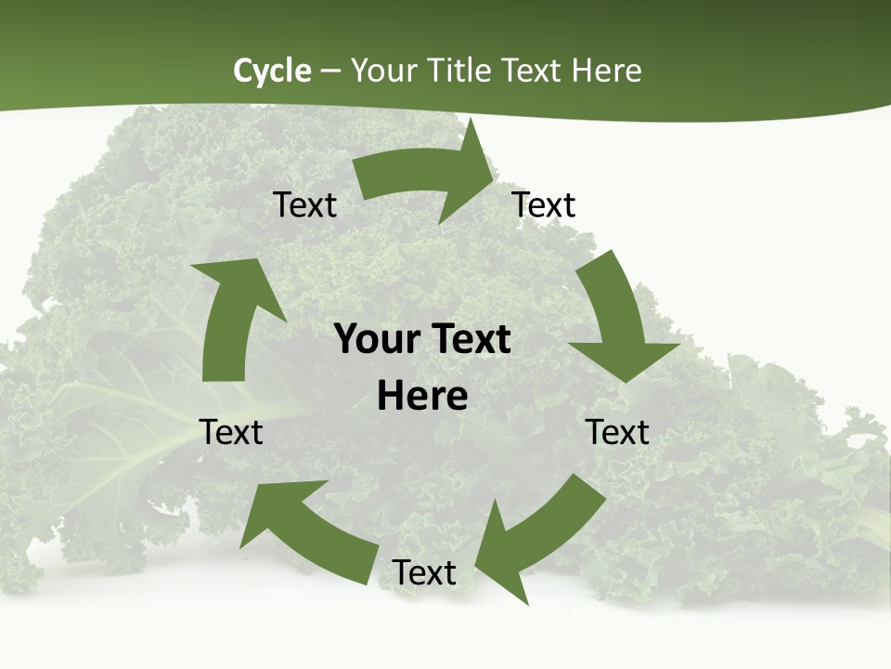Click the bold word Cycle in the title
(272, 71)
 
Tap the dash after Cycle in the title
(330, 71)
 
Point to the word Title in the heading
(458, 71)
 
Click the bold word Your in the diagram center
(375, 339)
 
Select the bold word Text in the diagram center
(468, 339)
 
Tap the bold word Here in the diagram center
(422, 397)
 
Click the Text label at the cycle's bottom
(424, 572)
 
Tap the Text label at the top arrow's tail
(305, 205)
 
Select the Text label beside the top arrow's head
(544, 205)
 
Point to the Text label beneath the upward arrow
(231, 432)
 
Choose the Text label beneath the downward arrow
(617, 432)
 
